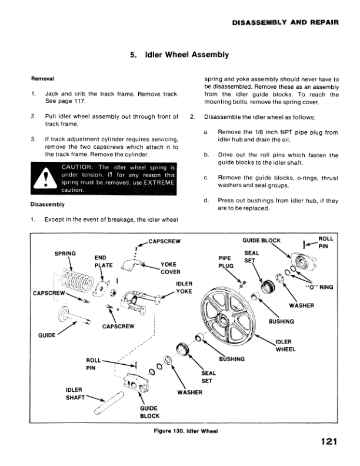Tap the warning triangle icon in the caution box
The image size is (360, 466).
(x=45, y=182)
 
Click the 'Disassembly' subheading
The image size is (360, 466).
(x=48, y=205)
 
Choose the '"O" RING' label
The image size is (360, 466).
(x=319, y=287)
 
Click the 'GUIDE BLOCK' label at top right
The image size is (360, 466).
(x=262, y=240)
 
